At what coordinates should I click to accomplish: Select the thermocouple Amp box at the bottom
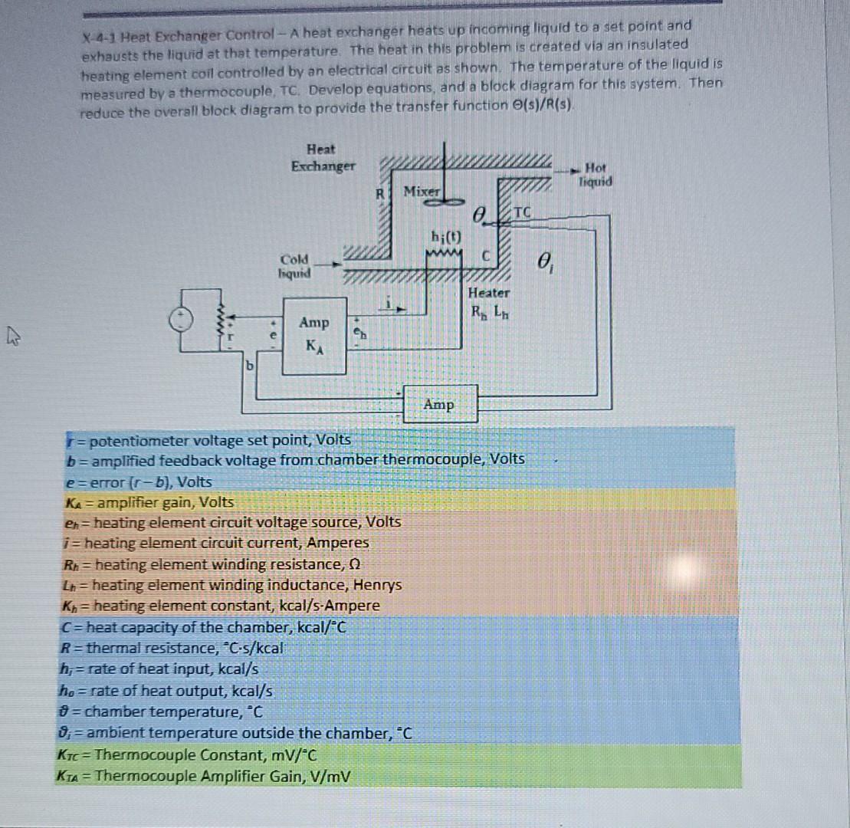[x=438, y=404]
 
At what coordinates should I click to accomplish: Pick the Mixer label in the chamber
[x=423, y=190]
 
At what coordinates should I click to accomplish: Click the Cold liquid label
[x=295, y=267]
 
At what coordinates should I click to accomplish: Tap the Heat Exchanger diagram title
[x=323, y=157]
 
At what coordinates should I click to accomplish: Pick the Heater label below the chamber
[x=488, y=292]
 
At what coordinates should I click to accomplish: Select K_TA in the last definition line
[x=67, y=775]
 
